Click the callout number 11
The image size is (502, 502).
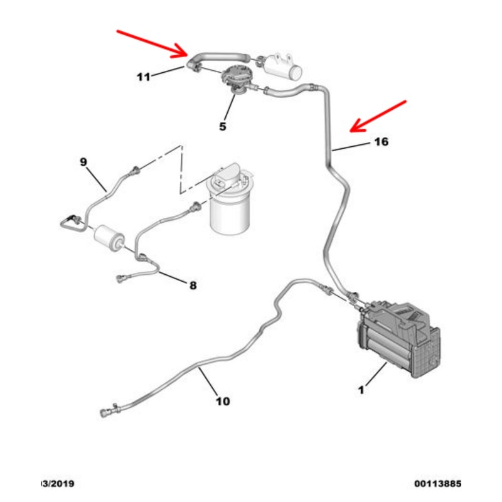(x=144, y=77)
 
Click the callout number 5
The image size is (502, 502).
(x=222, y=127)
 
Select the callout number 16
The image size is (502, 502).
(x=381, y=142)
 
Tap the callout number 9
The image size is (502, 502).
(x=83, y=162)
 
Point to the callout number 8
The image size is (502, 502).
(x=193, y=286)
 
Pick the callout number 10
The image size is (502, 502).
(x=222, y=401)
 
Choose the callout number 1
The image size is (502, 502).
(x=361, y=390)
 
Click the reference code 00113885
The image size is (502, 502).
(x=437, y=484)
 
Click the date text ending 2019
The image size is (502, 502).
(x=57, y=484)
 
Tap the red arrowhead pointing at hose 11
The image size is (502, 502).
(x=183, y=50)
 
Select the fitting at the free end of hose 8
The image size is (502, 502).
(x=122, y=279)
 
